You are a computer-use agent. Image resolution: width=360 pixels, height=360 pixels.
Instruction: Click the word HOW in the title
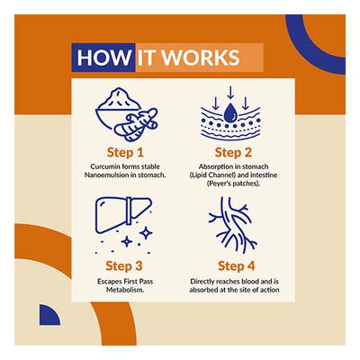tap(103, 58)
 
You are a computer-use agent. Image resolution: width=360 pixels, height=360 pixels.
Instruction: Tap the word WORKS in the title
tap(202, 58)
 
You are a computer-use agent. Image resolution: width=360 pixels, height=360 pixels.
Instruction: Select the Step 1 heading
tap(125, 152)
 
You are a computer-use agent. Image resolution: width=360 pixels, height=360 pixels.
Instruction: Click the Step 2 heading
tap(233, 152)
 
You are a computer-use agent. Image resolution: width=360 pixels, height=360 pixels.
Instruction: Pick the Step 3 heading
tap(124, 265)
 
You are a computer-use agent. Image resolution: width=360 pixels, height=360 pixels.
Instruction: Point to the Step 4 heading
tap(237, 265)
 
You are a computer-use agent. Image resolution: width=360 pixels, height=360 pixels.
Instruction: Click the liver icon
tap(123, 214)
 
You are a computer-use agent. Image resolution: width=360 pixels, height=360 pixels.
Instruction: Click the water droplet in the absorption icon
tap(230, 112)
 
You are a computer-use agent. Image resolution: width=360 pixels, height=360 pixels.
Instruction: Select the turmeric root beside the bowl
tap(137, 125)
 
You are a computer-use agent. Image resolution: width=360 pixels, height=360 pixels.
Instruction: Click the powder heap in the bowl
tap(119, 98)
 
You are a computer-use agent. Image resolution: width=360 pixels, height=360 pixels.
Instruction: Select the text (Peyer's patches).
tap(233, 184)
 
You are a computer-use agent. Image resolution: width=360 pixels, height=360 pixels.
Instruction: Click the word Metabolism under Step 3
tap(125, 290)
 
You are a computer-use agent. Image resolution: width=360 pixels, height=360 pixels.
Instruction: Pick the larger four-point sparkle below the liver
tap(146, 233)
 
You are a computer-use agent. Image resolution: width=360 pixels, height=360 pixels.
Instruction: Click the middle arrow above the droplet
tap(230, 92)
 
